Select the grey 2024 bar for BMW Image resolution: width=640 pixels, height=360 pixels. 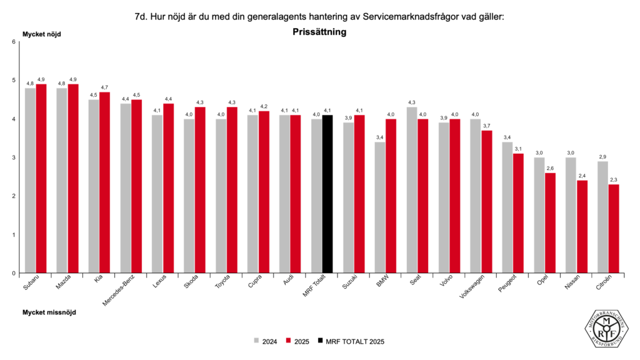click(379, 207)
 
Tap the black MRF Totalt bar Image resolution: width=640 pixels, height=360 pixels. click(327, 194)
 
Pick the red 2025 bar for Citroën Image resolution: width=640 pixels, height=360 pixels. click(614, 229)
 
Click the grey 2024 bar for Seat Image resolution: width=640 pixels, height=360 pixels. click(412, 190)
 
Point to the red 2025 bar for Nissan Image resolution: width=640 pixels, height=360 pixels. click(582, 227)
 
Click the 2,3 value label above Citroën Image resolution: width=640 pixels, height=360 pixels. click(614, 180)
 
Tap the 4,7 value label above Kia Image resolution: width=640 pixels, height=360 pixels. click(105, 87)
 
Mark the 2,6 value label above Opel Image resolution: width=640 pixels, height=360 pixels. click(550, 168)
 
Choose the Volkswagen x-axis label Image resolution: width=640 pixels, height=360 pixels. click(472, 291)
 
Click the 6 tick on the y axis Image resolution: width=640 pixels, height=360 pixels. click(13, 42)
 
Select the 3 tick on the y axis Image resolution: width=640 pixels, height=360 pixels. click(13, 157)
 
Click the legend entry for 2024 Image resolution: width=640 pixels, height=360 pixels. click(266, 341)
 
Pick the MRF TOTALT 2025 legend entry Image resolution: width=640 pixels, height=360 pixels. click(354, 341)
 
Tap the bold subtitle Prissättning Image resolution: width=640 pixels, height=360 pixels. click(319, 31)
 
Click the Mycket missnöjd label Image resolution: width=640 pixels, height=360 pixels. click(49, 312)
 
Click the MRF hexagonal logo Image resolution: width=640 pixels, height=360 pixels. click(606, 328)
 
